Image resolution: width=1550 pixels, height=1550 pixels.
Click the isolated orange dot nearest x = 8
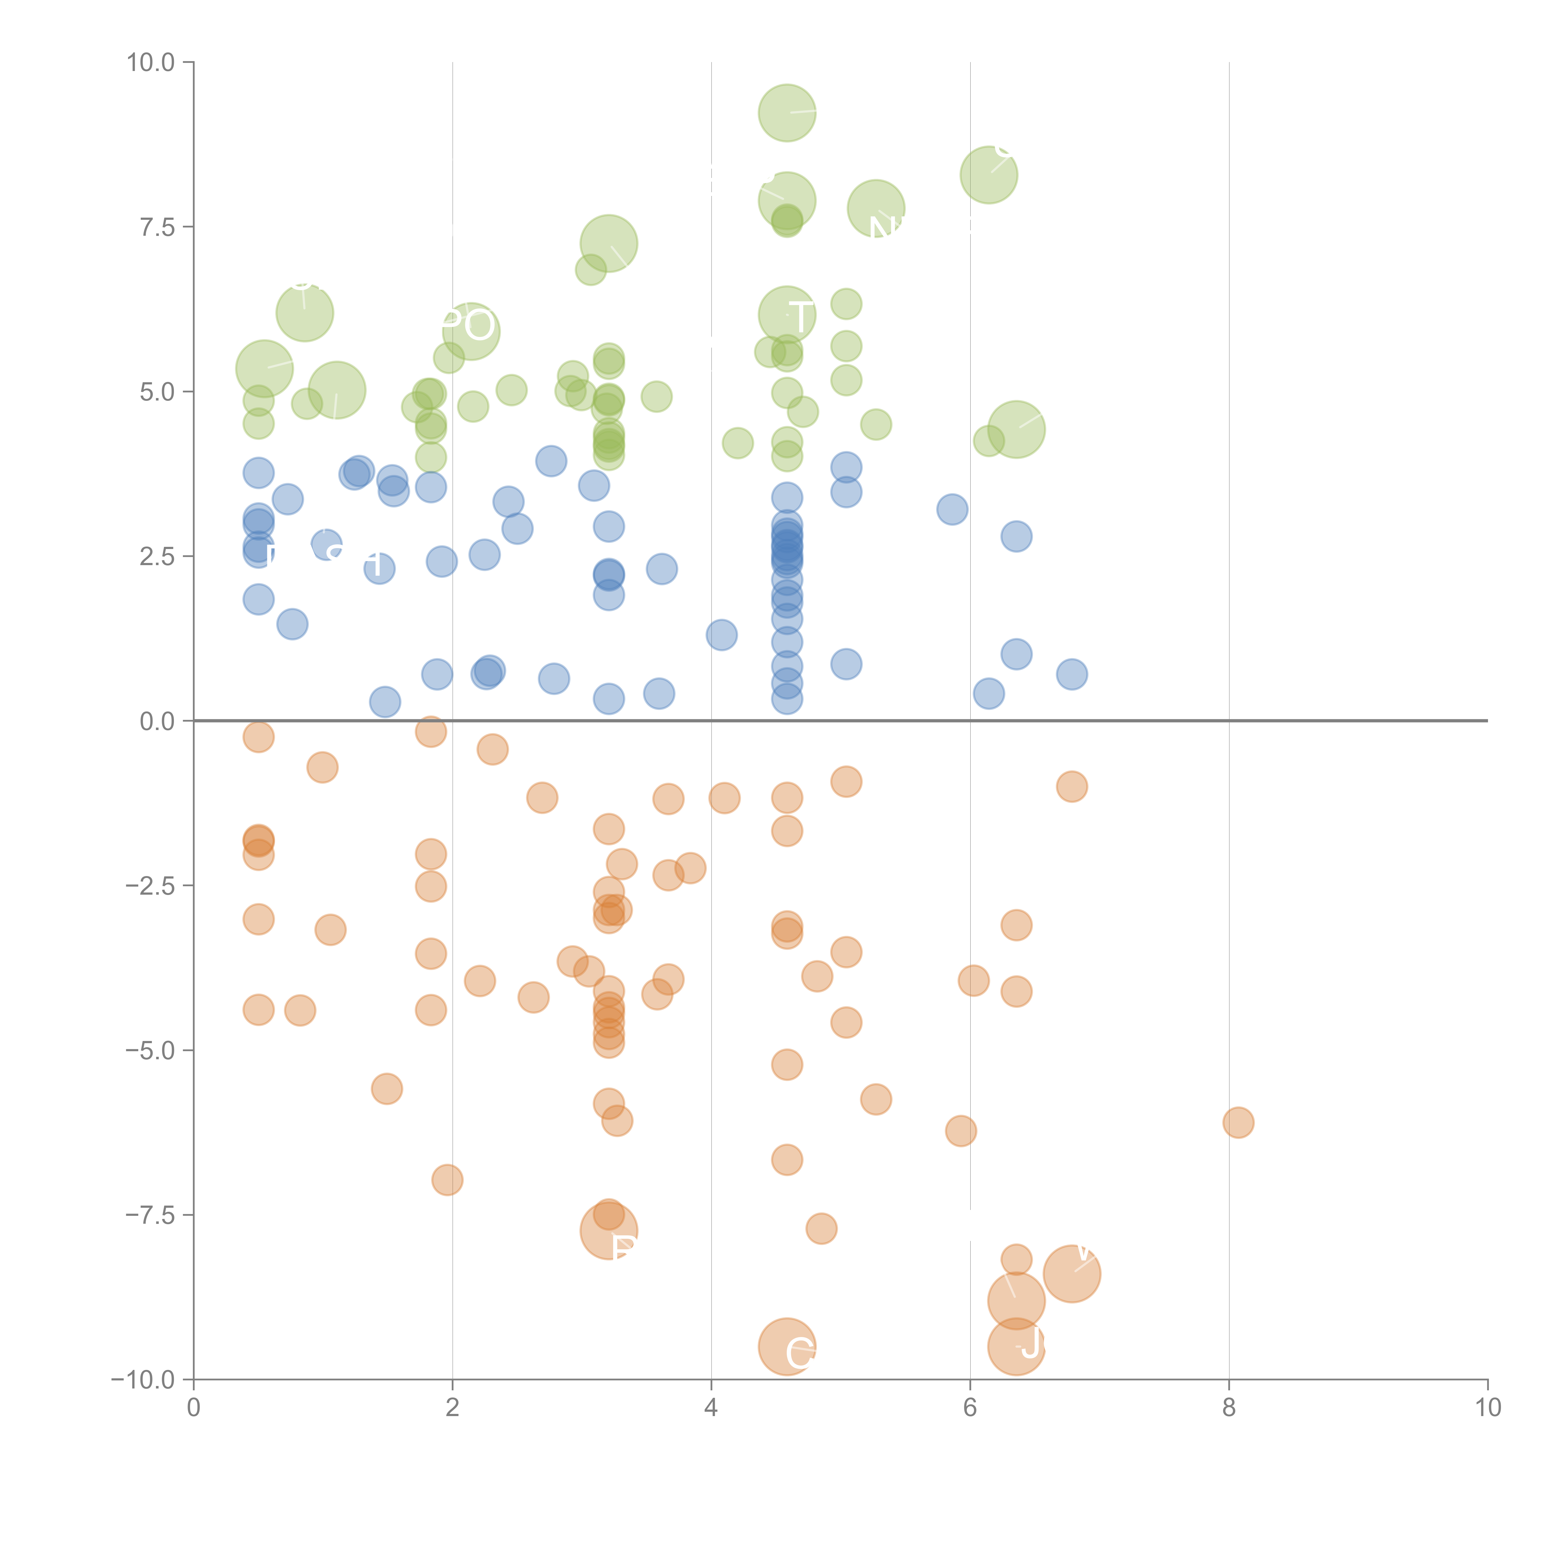pyautogui.click(x=1238, y=1123)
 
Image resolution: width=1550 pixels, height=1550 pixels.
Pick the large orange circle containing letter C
pyautogui.click(x=787, y=1346)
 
